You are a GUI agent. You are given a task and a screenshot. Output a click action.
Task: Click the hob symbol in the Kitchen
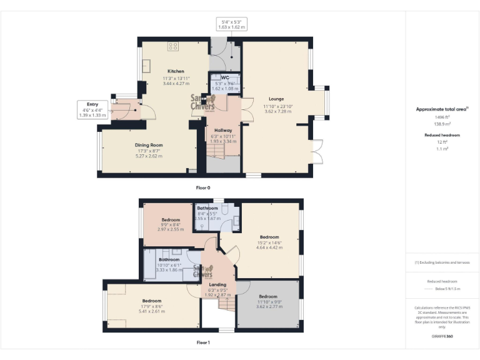point(172,47)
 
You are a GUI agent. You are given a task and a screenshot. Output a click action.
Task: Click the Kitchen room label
point(175,71)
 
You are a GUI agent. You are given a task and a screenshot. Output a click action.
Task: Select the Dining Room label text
point(149,145)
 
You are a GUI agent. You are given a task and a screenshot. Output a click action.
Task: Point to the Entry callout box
point(92,109)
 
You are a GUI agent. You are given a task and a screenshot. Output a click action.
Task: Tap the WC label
point(225,77)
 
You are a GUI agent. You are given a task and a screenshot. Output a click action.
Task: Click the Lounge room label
point(276,99)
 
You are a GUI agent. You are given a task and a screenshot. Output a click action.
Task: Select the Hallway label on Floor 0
point(224,131)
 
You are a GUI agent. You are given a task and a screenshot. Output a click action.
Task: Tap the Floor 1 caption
point(203,342)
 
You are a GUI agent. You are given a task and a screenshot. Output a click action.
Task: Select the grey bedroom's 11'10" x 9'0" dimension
point(268,302)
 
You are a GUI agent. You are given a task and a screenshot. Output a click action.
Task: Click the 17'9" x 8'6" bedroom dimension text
point(151,306)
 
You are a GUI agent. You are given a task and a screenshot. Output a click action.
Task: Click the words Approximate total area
point(441,109)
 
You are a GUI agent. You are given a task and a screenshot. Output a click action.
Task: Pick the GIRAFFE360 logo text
point(442,336)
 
